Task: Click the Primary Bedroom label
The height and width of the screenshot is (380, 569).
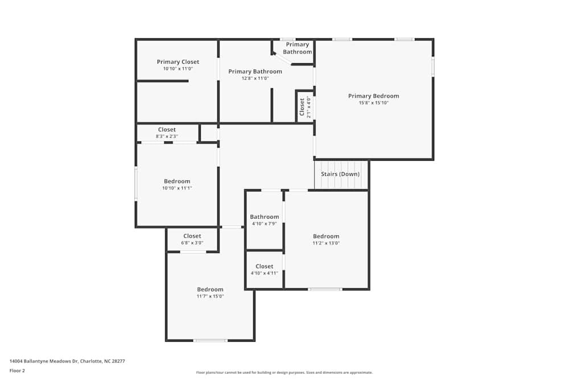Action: click(373, 96)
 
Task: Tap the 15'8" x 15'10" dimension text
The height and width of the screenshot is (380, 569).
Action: click(373, 103)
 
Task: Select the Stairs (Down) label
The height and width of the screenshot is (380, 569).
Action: click(340, 174)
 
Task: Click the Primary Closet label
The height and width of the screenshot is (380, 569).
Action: click(178, 62)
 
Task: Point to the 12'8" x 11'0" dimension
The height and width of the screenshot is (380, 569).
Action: click(255, 79)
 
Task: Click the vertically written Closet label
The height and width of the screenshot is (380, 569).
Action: click(302, 107)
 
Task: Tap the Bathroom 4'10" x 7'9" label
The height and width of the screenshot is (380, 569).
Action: click(265, 216)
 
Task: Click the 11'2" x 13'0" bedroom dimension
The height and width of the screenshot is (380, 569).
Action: click(326, 243)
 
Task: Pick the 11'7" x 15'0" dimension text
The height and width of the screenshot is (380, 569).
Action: click(210, 296)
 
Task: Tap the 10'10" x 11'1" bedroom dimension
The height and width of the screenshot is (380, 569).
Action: click(177, 188)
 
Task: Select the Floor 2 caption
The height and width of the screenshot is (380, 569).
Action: click(17, 370)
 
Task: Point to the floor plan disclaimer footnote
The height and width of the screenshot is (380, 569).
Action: click(284, 373)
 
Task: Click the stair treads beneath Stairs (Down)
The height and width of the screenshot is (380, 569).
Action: click(340, 183)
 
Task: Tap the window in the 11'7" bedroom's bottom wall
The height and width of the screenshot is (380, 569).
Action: click(210, 341)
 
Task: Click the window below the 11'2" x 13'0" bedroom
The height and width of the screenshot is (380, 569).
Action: click(325, 289)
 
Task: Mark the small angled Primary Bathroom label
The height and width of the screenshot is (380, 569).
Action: click(298, 48)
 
